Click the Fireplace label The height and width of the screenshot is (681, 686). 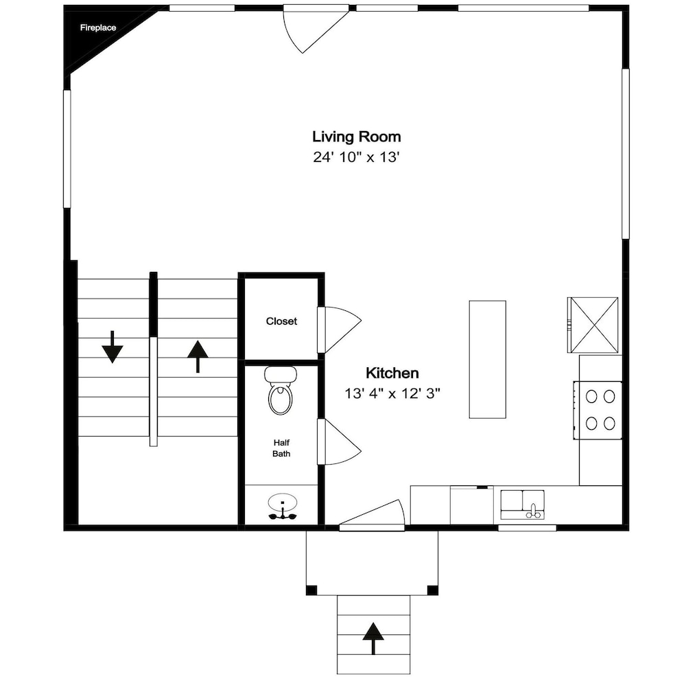98,27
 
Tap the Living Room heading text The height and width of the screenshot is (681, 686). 357,137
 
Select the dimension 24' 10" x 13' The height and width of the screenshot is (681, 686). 357,157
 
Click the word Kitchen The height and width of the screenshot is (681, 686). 392,373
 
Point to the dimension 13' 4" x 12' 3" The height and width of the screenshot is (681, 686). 392,393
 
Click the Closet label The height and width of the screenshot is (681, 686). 281,321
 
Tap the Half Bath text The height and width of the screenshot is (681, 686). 281,448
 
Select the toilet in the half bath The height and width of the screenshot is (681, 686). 281,390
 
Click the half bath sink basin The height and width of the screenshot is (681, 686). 283,502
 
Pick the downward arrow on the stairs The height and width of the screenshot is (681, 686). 113,347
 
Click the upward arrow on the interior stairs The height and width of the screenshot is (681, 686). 198,356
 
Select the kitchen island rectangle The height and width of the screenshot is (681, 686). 487,359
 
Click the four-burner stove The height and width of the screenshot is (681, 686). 598,410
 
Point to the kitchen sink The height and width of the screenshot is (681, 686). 522,505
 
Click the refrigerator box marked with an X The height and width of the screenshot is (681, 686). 593,325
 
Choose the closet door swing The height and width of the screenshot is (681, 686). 340,330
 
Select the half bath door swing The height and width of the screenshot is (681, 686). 340,441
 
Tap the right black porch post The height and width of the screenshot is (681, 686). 432,590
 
